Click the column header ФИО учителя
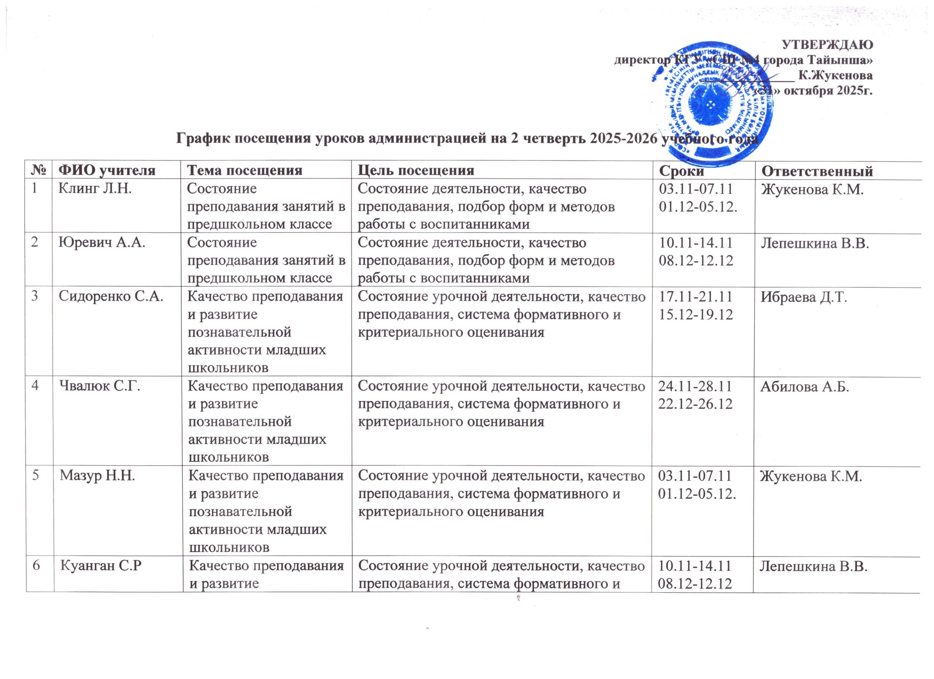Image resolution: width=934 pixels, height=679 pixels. tap(107, 170)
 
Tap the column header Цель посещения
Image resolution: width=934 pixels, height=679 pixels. tap(416, 170)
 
